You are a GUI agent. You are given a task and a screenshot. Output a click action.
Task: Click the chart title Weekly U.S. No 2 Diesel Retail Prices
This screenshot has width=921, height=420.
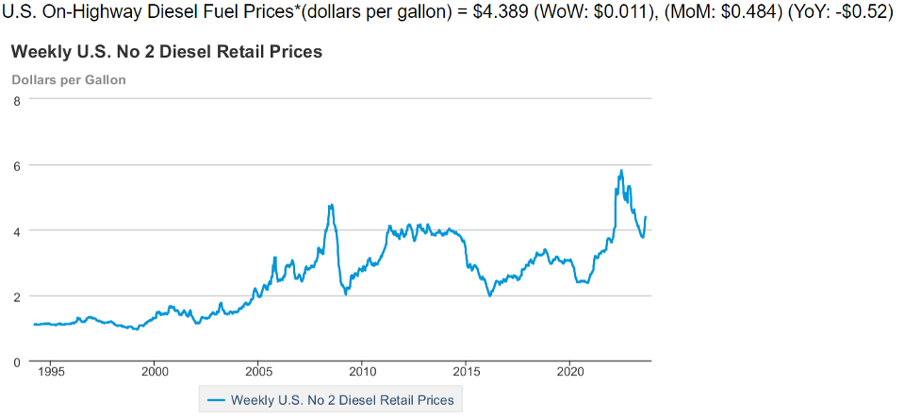[167, 52]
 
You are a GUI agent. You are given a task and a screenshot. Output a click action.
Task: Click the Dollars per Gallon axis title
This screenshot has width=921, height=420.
[69, 80]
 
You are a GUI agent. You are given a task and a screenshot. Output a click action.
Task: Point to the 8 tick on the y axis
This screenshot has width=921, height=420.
[17, 100]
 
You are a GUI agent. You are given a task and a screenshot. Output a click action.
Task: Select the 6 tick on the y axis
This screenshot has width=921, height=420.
[17, 165]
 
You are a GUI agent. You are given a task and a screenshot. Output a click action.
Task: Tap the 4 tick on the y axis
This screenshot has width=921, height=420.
[17, 231]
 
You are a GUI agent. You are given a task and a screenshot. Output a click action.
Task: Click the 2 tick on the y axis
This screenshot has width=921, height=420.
[17, 296]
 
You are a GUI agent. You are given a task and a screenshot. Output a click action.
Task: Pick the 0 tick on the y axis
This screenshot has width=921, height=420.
[17, 362]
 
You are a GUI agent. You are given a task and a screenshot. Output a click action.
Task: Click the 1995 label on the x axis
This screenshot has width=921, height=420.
[52, 372]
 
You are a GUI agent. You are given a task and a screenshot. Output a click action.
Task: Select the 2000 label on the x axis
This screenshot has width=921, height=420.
[156, 372]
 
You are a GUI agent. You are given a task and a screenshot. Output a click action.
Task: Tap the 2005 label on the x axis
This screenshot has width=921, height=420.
[259, 372]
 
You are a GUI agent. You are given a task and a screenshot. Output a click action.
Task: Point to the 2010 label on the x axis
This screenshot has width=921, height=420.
[363, 372]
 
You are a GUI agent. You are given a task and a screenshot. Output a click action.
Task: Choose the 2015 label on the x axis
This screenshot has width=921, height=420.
[467, 372]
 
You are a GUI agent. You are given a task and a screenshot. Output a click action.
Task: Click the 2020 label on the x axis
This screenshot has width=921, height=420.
[570, 372]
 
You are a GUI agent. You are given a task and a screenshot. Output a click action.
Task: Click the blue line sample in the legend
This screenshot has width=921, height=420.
[215, 400]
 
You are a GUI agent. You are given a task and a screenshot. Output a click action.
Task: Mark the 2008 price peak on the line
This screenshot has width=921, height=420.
[331, 205]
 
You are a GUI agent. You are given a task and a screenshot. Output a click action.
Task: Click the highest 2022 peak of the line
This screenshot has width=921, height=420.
[620, 171]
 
